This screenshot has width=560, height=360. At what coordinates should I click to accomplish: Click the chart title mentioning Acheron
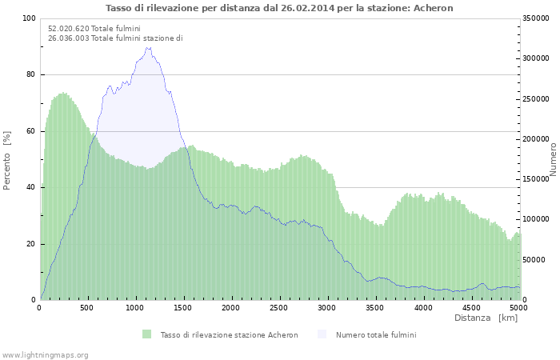click(279, 8)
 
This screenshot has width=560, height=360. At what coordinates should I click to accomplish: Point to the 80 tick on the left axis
click(31, 74)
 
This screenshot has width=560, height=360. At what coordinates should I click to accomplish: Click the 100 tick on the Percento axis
click(29, 18)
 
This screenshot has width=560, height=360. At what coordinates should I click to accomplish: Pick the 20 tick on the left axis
click(31, 244)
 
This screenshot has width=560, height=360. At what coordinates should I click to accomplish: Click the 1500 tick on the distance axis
click(183, 308)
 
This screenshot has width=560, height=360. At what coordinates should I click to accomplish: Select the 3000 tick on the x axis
click(326, 308)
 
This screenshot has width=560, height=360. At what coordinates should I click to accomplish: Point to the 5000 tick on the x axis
click(518, 308)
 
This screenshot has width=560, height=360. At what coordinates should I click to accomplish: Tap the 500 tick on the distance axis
click(88, 308)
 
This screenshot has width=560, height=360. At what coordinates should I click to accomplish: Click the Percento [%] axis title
click(8, 159)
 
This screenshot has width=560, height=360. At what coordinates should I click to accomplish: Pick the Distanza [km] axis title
click(486, 318)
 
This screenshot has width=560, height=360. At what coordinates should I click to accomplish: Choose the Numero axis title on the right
click(553, 159)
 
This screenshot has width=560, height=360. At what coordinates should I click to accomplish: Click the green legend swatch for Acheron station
click(146, 334)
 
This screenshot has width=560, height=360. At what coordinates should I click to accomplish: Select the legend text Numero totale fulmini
click(375, 334)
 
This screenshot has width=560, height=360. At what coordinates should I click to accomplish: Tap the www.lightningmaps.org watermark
click(45, 354)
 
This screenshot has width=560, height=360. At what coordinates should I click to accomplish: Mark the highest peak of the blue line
click(148, 47)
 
